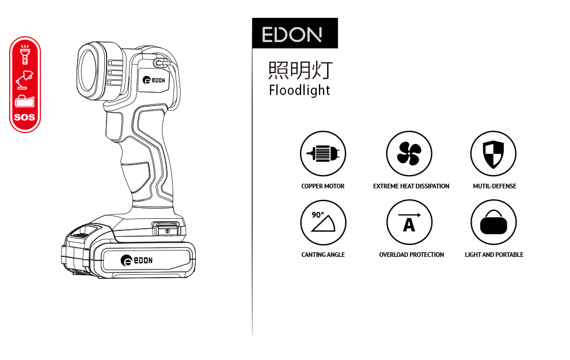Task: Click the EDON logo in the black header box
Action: tap(292, 35)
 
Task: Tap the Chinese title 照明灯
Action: tap(301, 70)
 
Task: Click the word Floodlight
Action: tap(299, 90)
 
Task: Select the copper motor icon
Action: tap(322, 154)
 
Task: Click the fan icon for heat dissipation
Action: tap(409, 154)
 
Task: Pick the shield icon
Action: tap(493, 154)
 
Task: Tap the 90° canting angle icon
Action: tap(323, 222)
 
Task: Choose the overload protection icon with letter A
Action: tap(409, 222)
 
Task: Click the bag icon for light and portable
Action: tap(493, 222)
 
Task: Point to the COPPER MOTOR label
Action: tap(323, 186)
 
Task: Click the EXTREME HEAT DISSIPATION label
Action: tap(411, 186)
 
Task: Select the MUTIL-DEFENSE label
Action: tap(495, 186)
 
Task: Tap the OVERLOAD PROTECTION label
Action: tap(411, 255)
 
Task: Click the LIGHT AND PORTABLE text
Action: tap(494, 255)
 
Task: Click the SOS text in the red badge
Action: tap(25, 117)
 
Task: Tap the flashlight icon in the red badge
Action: tap(25, 54)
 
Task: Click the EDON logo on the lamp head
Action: tap(154, 81)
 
